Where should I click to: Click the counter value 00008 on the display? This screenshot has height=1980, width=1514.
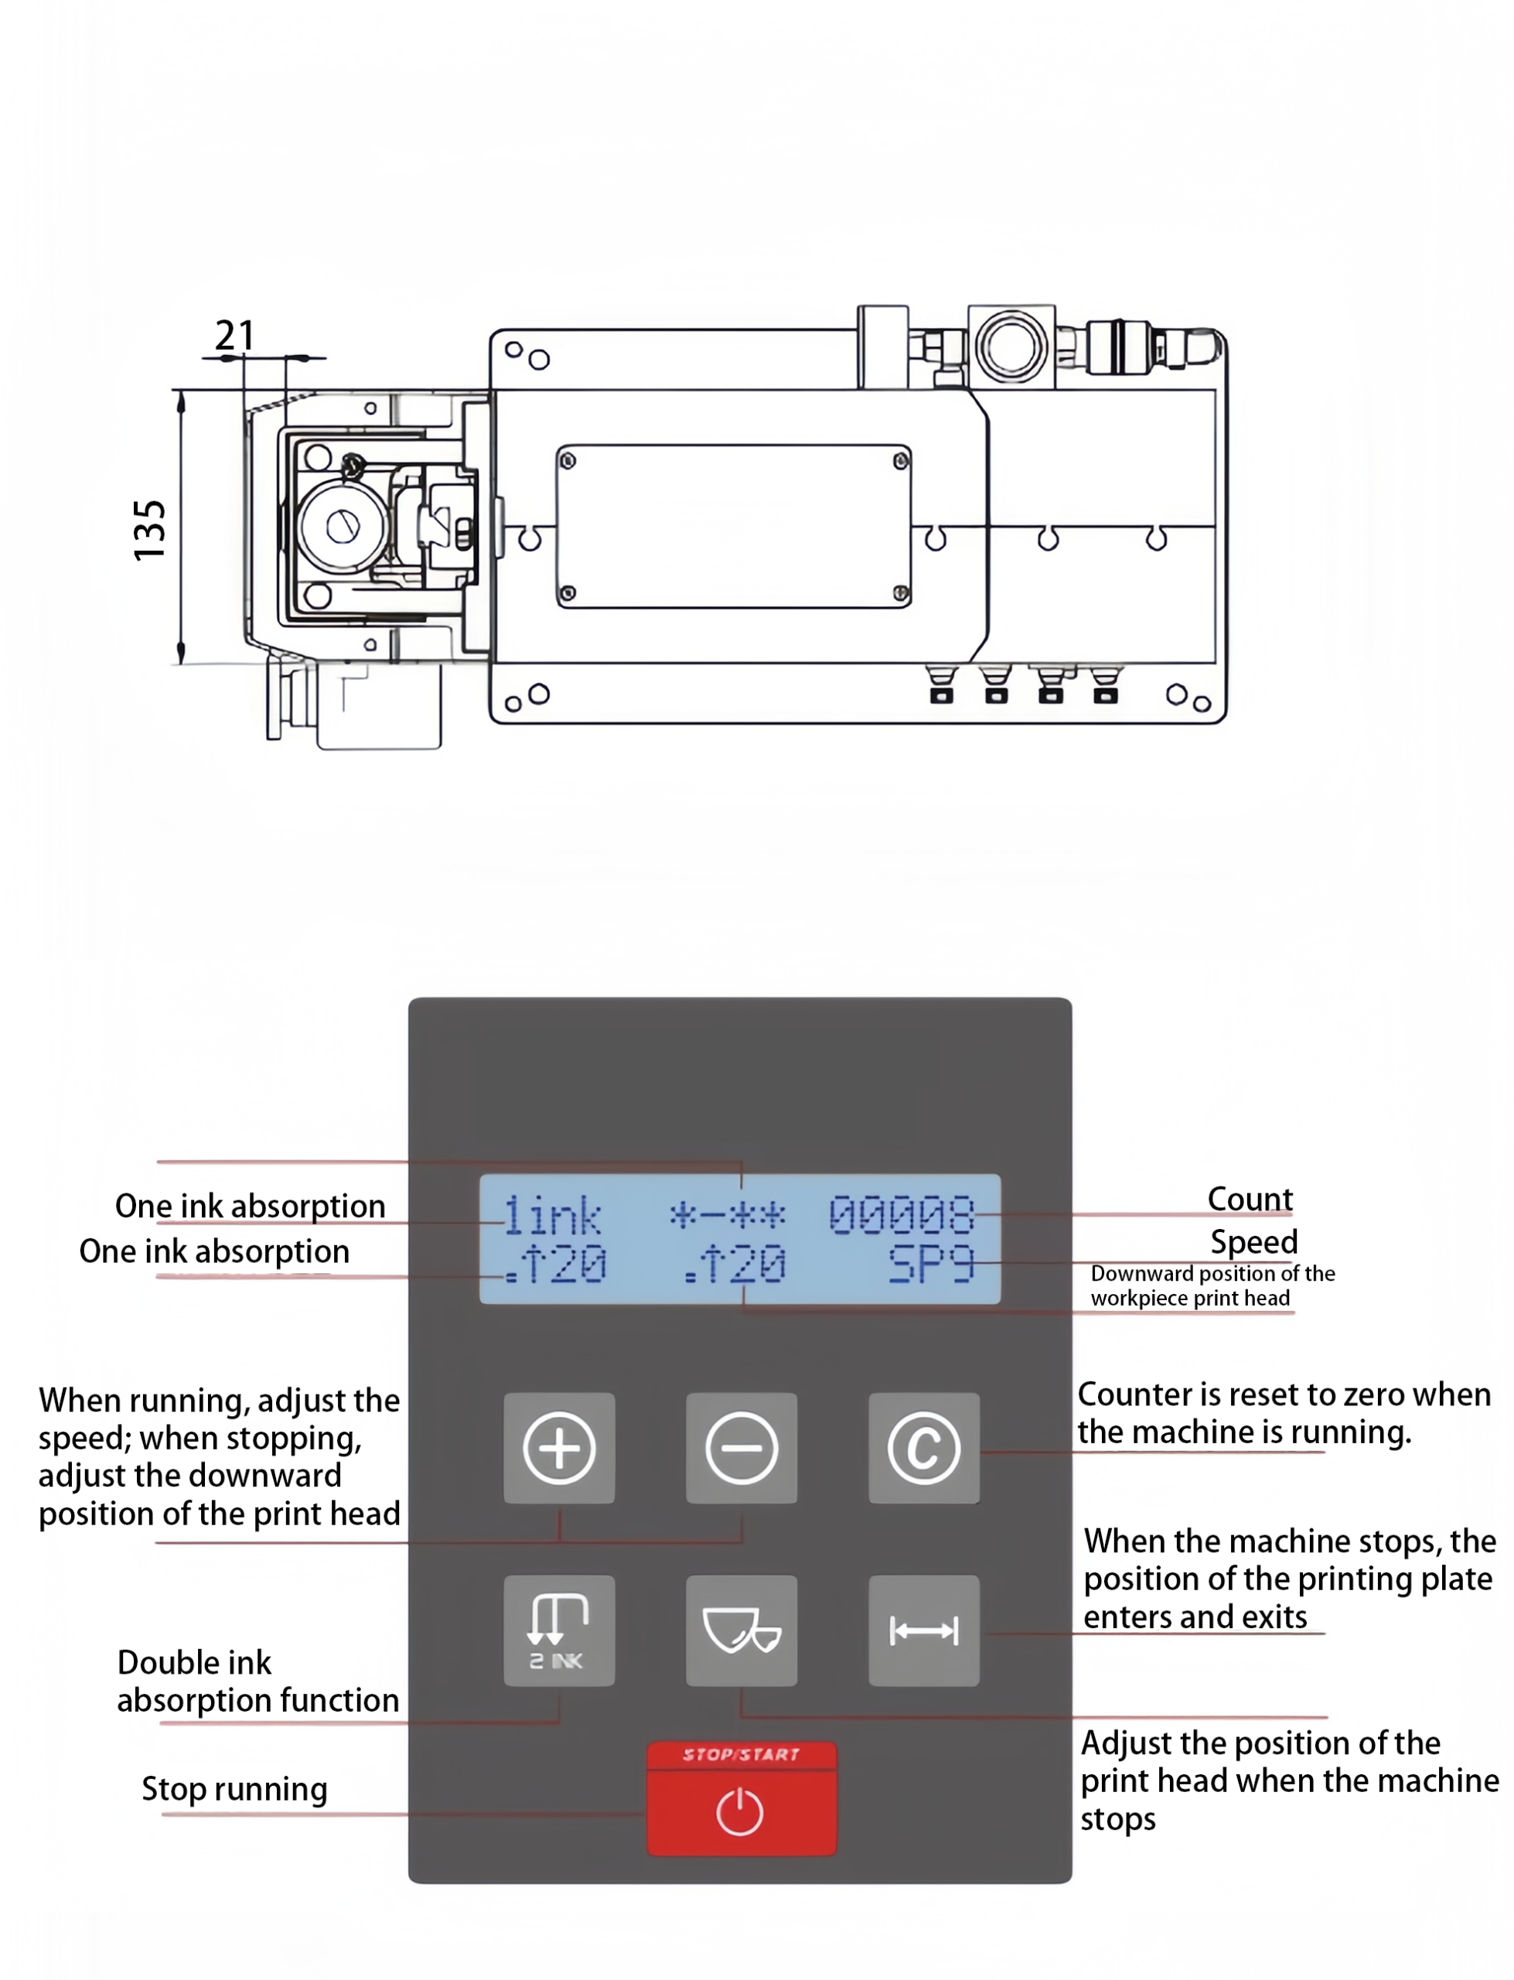[x=901, y=1215]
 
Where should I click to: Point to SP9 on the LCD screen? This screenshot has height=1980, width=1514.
[x=931, y=1264]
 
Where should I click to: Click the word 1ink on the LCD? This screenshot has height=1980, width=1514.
[x=551, y=1216]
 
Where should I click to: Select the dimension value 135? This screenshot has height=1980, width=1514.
[x=149, y=530]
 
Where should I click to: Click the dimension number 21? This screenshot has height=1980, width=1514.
[x=234, y=336]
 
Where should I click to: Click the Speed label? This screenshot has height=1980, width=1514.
[x=1253, y=1242]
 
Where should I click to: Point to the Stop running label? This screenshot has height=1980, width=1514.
[x=234, y=1788]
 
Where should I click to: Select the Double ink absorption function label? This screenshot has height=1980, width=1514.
[x=257, y=1681]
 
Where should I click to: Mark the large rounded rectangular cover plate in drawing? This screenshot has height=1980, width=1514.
[x=734, y=526]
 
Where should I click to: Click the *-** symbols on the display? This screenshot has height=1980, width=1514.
[x=728, y=1216]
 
